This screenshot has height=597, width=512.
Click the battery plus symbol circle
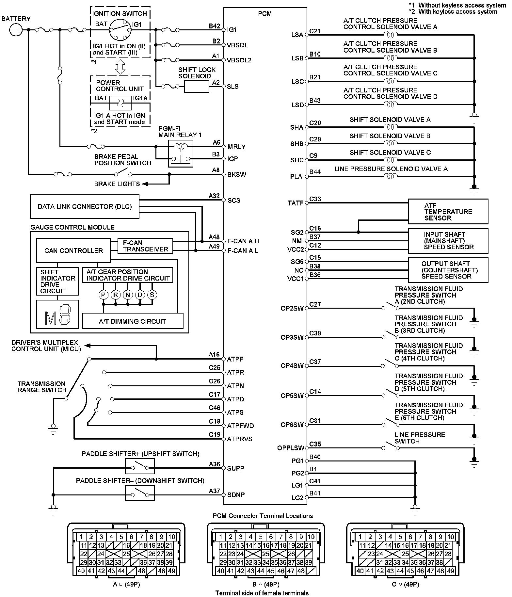point(16,30)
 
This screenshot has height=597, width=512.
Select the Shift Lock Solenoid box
point(197,87)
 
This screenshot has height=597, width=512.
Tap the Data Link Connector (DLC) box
point(85,206)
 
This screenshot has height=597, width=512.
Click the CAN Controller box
point(73,250)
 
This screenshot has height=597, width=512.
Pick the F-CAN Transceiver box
point(145,246)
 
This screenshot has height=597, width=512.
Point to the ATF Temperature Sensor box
point(448,212)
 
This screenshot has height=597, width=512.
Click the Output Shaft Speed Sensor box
point(448,270)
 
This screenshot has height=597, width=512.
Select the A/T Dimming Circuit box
point(133,321)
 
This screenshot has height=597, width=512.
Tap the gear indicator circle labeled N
point(128,295)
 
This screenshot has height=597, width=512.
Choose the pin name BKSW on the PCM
point(237,174)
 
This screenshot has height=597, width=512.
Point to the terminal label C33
point(315,199)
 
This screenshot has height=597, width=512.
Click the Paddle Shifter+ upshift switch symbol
point(140,466)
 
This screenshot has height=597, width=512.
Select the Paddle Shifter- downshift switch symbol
point(140,493)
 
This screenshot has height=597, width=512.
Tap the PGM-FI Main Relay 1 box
point(180,153)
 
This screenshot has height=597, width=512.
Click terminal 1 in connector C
point(360,537)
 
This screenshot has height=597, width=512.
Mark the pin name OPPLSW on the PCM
point(291,448)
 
